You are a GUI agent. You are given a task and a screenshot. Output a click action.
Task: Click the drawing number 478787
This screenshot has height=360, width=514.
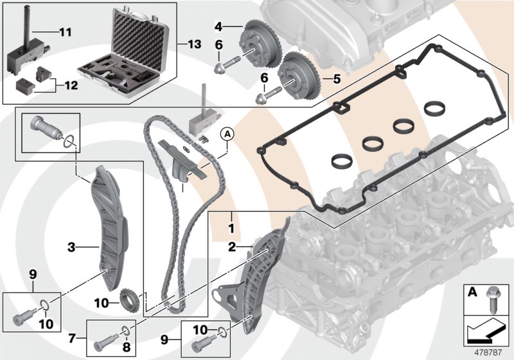pos(486,351)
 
